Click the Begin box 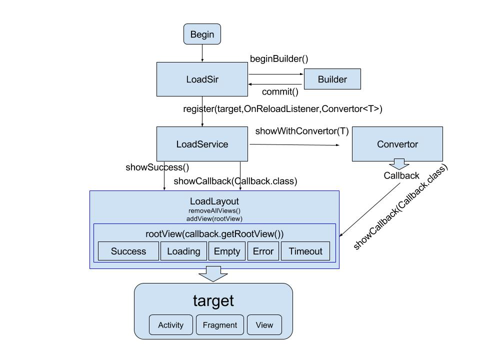click(x=202, y=34)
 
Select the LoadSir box click(x=202, y=79)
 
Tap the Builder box click(x=332, y=79)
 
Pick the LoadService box click(x=202, y=144)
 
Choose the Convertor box click(x=397, y=144)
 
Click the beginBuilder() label click(x=279, y=59)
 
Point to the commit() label click(x=280, y=92)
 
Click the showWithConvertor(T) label click(x=302, y=131)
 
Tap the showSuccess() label click(x=157, y=167)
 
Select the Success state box click(x=128, y=251)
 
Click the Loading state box click(x=183, y=251)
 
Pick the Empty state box click(x=227, y=251)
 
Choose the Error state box click(x=263, y=251)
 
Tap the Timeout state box click(x=305, y=251)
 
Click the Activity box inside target click(x=171, y=325)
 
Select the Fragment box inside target click(x=220, y=325)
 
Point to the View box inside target click(x=264, y=325)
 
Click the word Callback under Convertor click(x=401, y=175)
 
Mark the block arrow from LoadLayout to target click(x=213, y=274)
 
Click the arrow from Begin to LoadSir click(x=202, y=53)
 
